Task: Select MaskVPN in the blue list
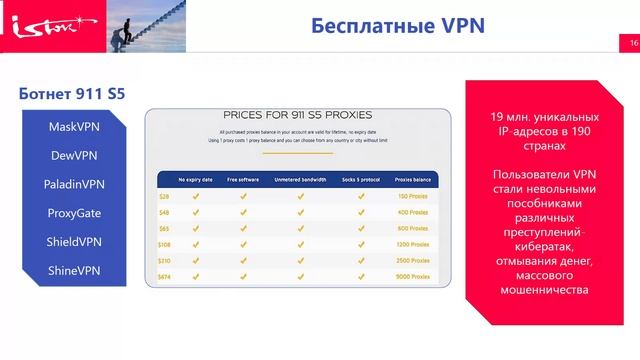point(74,128)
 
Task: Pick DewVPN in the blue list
point(74,156)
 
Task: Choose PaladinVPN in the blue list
point(74,185)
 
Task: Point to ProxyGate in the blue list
point(74,213)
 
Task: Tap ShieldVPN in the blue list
point(74,242)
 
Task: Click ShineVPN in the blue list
point(74,270)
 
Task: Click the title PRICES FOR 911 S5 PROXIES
point(300,115)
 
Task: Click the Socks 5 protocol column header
point(360,180)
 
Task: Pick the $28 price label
point(164,197)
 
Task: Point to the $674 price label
point(165,275)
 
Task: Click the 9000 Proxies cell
point(412,275)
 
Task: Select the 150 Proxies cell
point(412,197)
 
